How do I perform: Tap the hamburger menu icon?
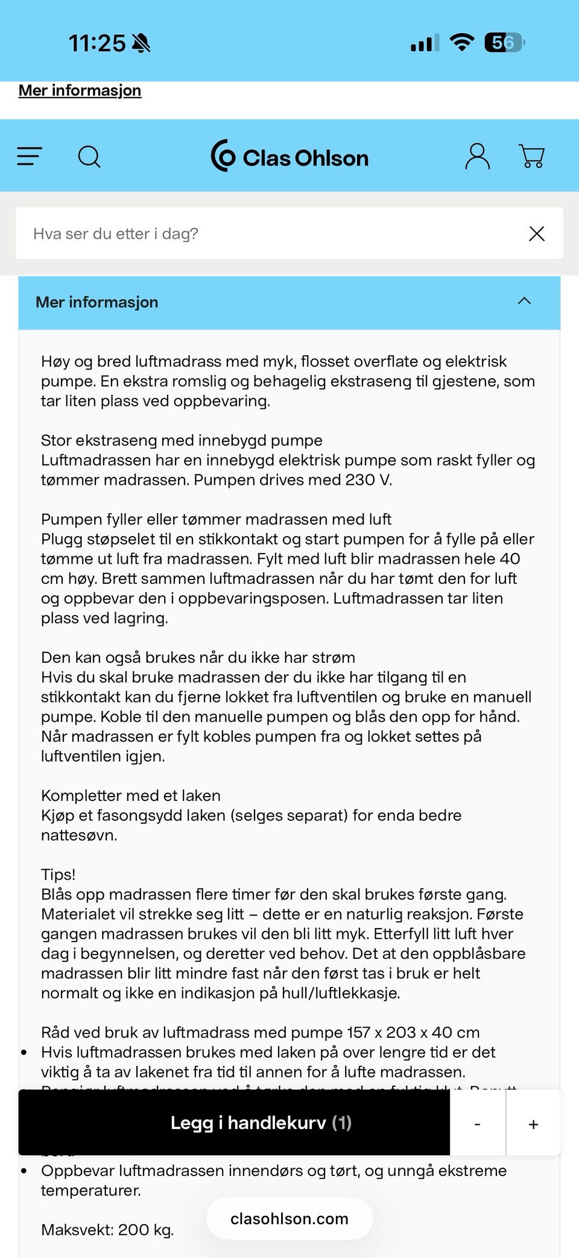pyautogui.click(x=29, y=157)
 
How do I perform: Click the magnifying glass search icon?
pyautogui.click(x=89, y=157)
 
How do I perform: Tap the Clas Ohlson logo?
pyautogui.click(x=289, y=157)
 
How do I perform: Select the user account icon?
pyautogui.click(x=477, y=157)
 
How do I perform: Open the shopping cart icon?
pyautogui.click(x=532, y=157)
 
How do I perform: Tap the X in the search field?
pyautogui.click(x=536, y=234)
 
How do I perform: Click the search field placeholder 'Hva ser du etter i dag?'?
pyautogui.click(x=116, y=234)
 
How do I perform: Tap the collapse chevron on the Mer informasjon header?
pyautogui.click(x=524, y=301)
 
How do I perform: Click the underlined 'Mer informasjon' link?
pyautogui.click(x=80, y=90)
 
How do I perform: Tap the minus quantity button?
pyautogui.click(x=477, y=1124)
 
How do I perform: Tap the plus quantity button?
pyautogui.click(x=533, y=1124)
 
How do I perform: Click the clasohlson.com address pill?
pyautogui.click(x=289, y=1219)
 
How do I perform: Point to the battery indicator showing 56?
pyautogui.click(x=504, y=43)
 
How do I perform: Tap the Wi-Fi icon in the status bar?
pyautogui.click(x=462, y=43)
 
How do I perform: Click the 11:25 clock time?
pyautogui.click(x=96, y=43)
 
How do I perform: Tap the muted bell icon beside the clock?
pyautogui.click(x=141, y=43)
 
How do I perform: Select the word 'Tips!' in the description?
pyautogui.click(x=58, y=874)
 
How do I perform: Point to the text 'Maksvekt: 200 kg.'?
pyautogui.click(x=107, y=1230)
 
